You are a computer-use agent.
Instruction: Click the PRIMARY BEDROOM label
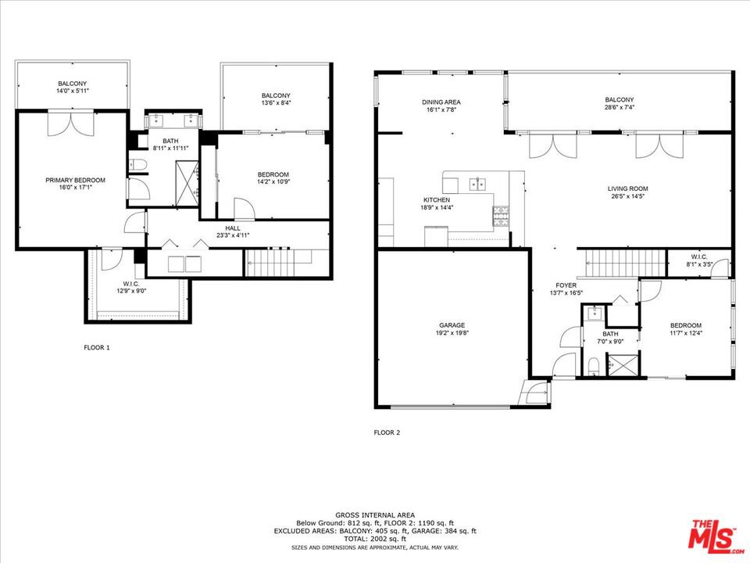(x=75, y=180)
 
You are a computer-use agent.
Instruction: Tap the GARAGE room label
(x=452, y=325)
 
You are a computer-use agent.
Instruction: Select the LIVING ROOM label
(x=627, y=188)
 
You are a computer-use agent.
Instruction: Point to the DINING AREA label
(x=441, y=102)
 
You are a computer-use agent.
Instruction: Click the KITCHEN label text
(x=436, y=199)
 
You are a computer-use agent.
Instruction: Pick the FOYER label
(x=566, y=285)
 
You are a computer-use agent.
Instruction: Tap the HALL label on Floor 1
(x=233, y=228)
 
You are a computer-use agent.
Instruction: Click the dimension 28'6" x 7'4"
(x=620, y=107)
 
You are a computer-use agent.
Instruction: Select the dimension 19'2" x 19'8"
(x=452, y=333)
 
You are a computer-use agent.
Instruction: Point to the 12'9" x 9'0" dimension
(x=131, y=291)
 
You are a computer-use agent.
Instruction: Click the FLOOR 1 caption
(x=97, y=347)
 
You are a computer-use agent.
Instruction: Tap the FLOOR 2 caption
(x=387, y=432)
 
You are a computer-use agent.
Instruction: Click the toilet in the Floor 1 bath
(x=137, y=165)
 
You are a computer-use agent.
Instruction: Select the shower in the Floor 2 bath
(x=623, y=365)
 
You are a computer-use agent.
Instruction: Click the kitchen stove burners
(x=501, y=216)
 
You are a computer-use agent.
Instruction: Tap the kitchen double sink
(x=477, y=183)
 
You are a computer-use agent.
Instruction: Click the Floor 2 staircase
(x=626, y=264)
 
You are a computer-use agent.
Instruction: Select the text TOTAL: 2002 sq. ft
(x=374, y=539)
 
